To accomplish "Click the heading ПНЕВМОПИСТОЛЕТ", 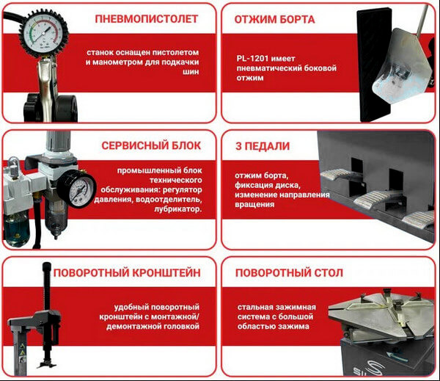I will point(147,18).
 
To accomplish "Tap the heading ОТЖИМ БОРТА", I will point(275,18).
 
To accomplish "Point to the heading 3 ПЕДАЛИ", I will point(263,145).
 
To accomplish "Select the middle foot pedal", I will point(374,199).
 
